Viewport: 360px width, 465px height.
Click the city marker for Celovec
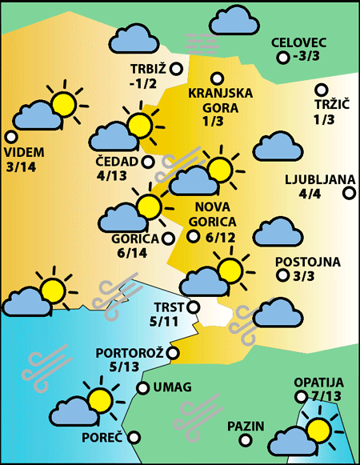282,58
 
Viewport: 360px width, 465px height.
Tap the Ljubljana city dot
348,192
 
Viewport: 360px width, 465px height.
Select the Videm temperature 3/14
21,166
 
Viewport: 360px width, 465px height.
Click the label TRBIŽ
148,69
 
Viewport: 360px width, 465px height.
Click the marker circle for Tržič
322,90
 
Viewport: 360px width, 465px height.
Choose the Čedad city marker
148,162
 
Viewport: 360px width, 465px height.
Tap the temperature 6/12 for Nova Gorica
221,237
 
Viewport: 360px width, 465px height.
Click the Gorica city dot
168,238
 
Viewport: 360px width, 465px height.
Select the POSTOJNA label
307,262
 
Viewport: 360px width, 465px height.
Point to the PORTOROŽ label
130,352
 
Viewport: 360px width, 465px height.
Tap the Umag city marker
143,388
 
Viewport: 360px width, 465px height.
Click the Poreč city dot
134,438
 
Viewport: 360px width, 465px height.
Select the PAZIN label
246,425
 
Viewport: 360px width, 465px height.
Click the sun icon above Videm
62,102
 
